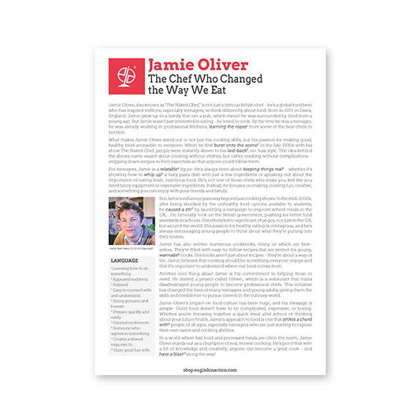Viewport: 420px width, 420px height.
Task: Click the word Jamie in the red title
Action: coord(171,64)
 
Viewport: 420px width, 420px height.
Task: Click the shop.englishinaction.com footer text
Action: coord(210,391)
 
